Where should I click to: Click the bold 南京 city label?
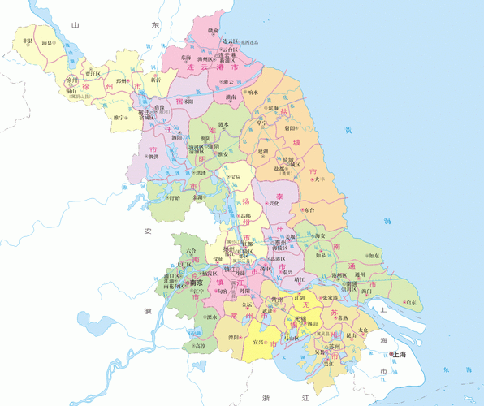pyautogui.click(x=196, y=283)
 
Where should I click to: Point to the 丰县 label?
pyautogui.click(x=28, y=40)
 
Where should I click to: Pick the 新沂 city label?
pyautogui.click(x=155, y=80)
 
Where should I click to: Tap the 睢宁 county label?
pyautogui.click(x=120, y=118)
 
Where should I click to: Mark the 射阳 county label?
pyautogui.click(x=290, y=127)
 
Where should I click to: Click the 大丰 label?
pyautogui.click(x=319, y=178)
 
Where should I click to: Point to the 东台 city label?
pyautogui.click(x=313, y=209)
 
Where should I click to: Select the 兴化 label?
pyautogui.click(x=274, y=203)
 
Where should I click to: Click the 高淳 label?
pyautogui.click(x=199, y=346)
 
